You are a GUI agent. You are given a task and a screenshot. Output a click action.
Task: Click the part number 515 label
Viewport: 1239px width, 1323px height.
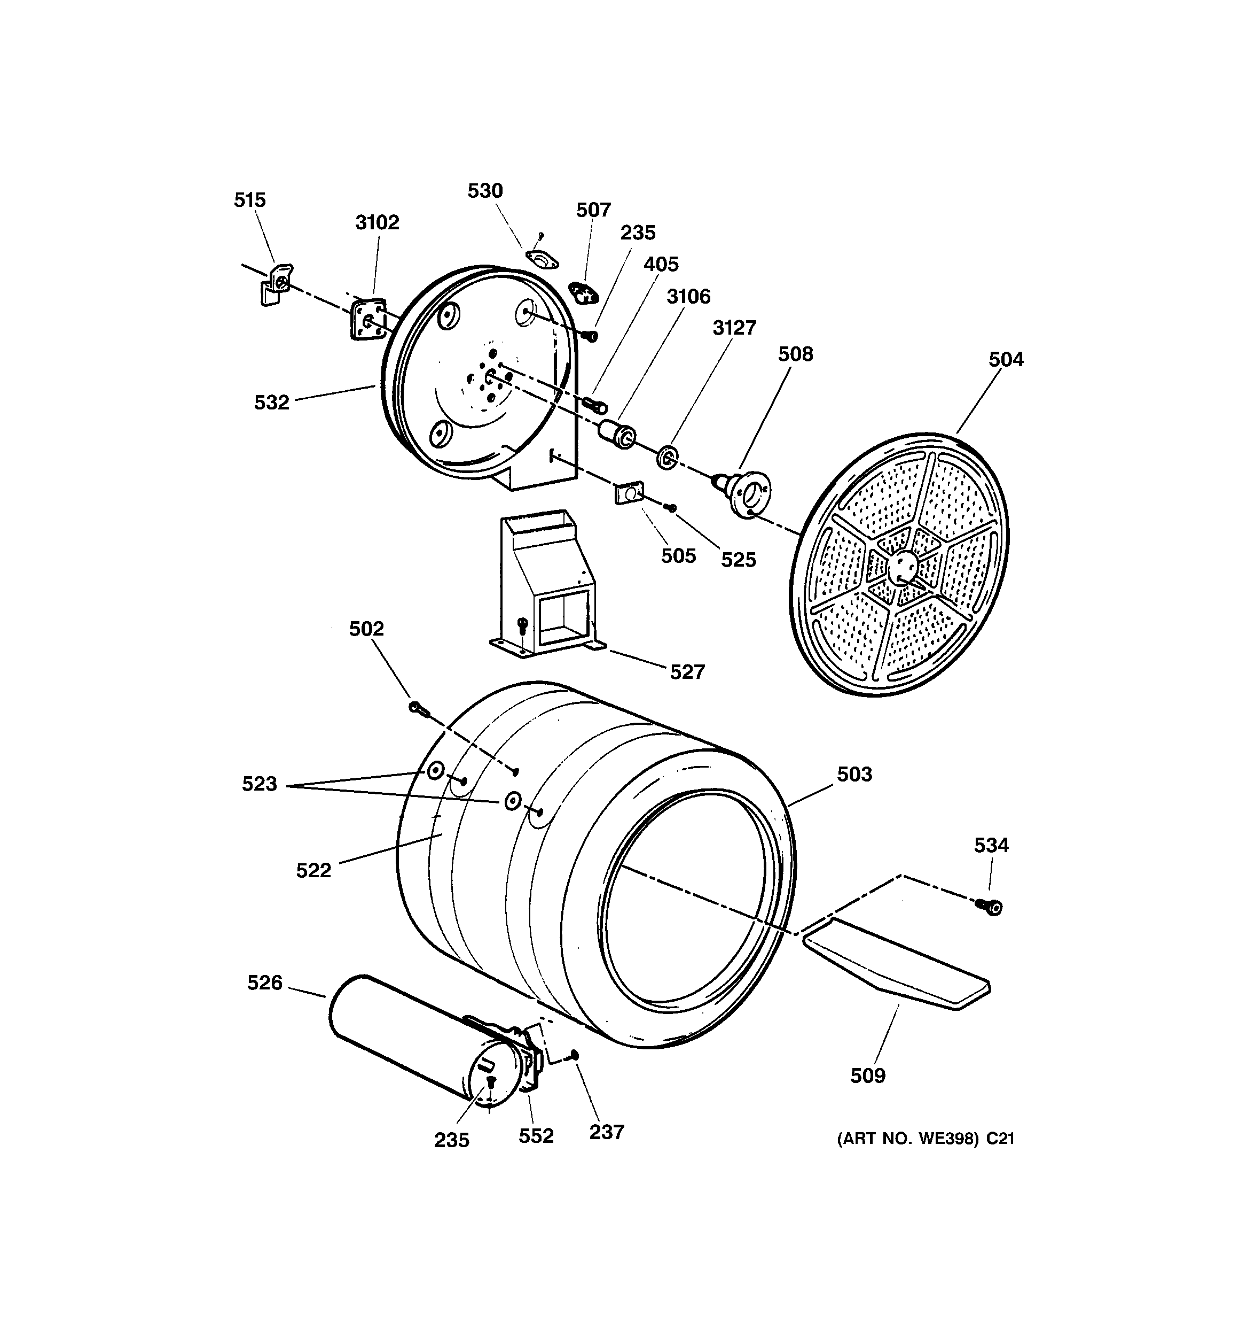[x=249, y=199]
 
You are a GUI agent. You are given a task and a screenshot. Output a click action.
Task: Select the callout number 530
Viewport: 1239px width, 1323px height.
[x=485, y=191]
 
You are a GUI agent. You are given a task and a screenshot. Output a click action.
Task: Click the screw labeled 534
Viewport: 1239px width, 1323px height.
[x=990, y=907]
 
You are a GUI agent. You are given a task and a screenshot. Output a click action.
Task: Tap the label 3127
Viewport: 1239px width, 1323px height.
[x=734, y=328]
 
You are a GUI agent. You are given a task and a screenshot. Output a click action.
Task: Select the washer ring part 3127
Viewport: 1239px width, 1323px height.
[x=666, y=457]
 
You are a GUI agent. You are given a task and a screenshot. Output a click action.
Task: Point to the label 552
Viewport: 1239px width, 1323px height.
[x=536, y=1136]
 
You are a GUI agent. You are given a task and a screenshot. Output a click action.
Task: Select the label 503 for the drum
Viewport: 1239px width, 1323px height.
[x=854, y=774]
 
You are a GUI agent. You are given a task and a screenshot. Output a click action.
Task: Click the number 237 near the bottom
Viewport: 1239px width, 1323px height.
[x=607, y=1132]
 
